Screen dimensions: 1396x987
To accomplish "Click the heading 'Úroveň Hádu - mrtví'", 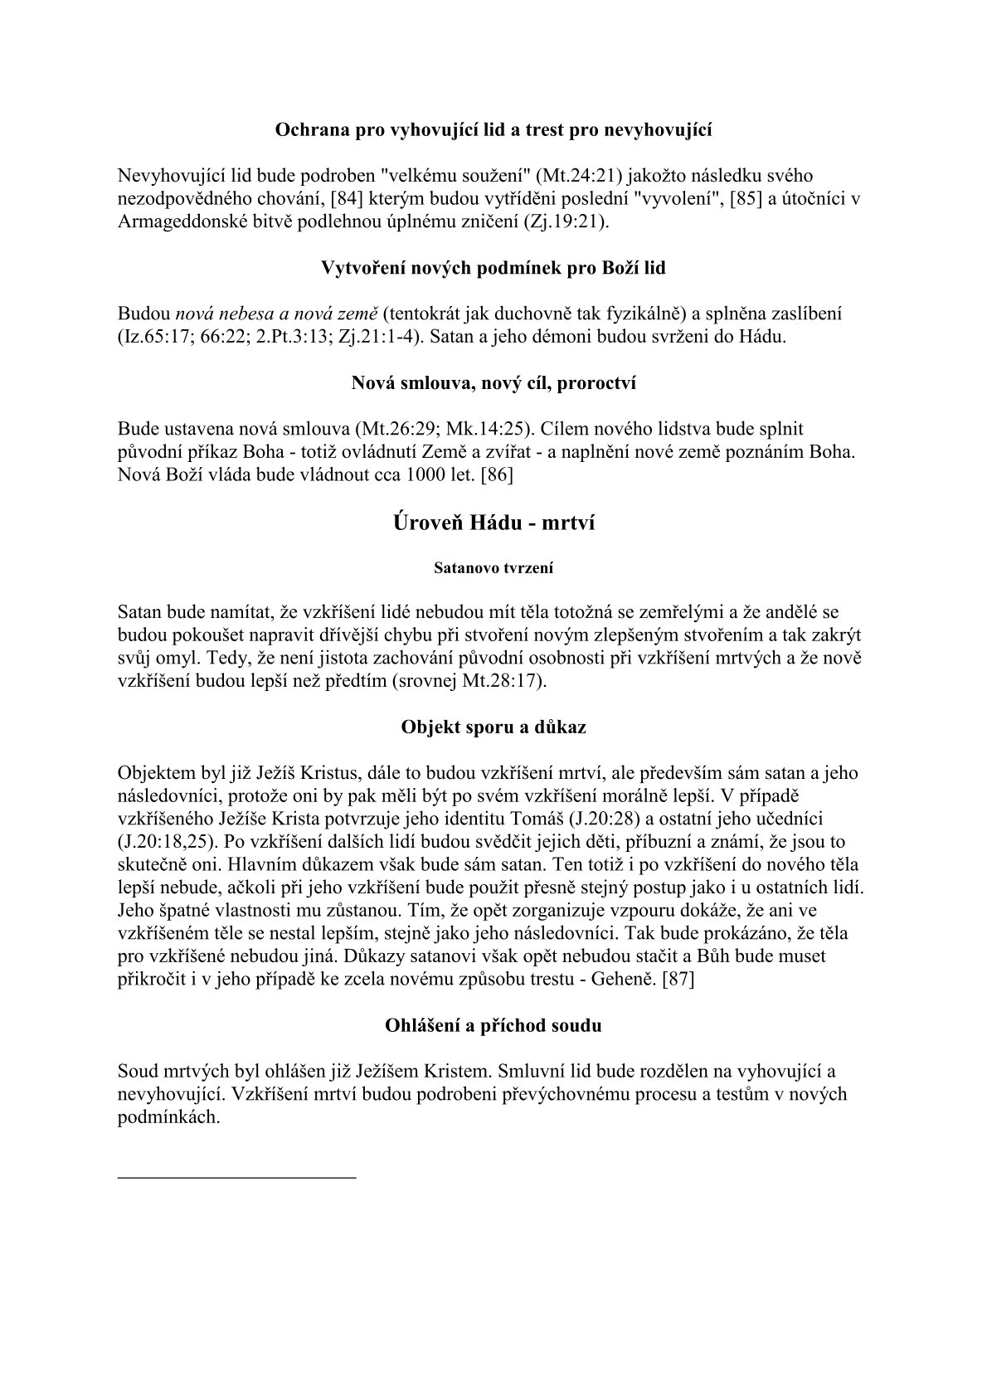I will click(x=494, y=523).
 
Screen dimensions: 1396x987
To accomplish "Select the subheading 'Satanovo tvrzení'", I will click(x=494, y=569).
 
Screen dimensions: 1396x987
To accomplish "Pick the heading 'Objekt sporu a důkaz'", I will click(x=494, y=727).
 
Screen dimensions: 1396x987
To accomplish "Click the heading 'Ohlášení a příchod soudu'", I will click(x=494, y=1024).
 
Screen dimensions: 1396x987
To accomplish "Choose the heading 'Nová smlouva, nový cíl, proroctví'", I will click(x=494, y=383).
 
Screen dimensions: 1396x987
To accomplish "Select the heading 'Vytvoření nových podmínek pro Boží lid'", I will click(x=494, y=269).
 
